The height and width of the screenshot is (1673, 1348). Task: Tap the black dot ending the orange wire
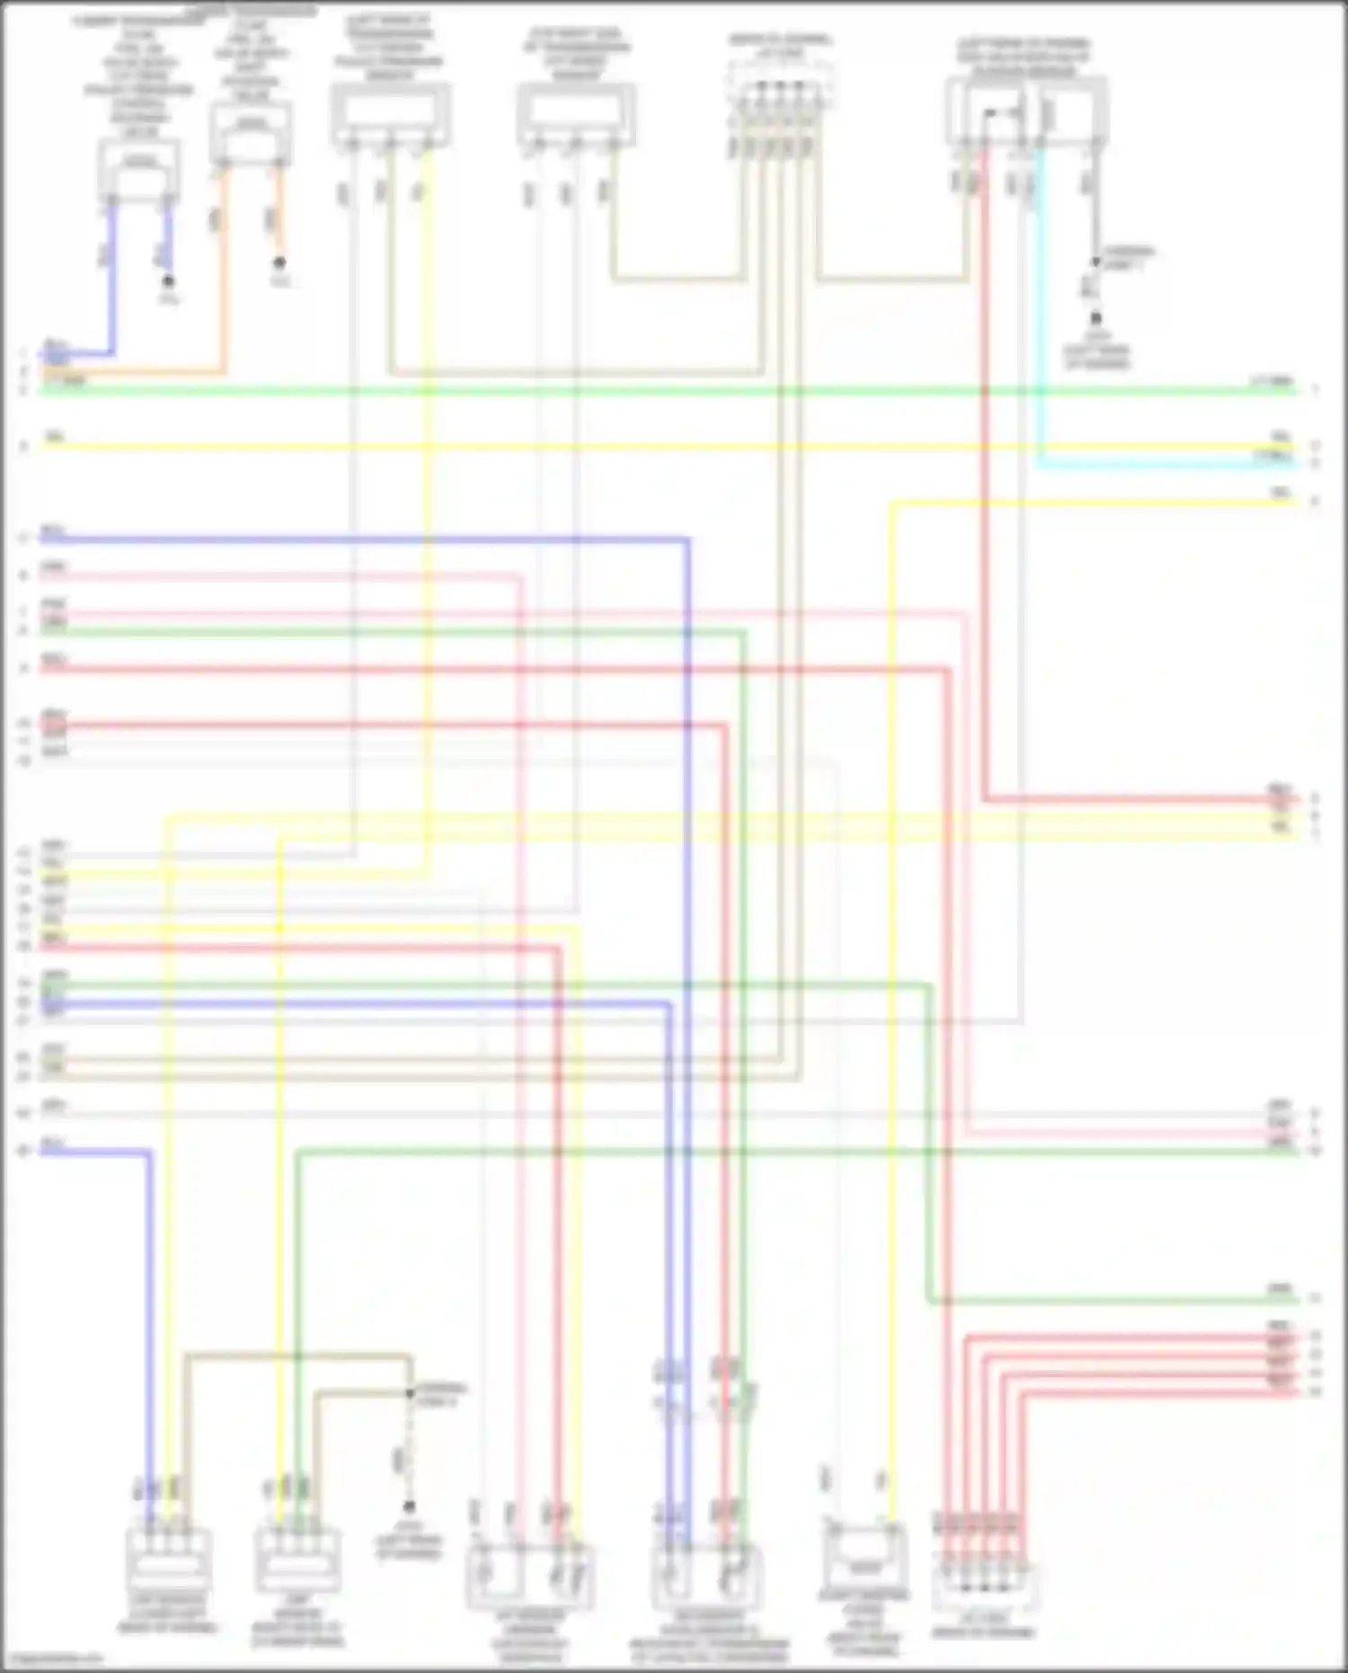point(279,263)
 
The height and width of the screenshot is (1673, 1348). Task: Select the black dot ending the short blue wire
point(168,281)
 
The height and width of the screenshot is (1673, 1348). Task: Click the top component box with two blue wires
point(138,171)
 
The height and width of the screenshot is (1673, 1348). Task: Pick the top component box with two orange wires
point(251,133)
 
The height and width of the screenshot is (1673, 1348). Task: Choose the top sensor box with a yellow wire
point(390,114)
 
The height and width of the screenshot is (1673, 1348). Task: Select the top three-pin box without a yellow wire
point(576,115)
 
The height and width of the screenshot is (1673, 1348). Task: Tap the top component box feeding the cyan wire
point(1025,111)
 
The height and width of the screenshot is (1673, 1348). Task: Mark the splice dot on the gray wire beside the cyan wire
point(1095,263)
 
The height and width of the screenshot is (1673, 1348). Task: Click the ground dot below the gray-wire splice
point(1095,318)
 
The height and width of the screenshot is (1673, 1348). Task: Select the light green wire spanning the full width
point(665,390)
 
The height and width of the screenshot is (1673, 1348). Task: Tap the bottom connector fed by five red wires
point(983,1586)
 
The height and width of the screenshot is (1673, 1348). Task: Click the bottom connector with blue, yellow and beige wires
point(168,1559)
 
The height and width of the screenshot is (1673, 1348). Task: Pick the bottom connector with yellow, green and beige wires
point(297,1560)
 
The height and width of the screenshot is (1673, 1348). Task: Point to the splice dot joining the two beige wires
point(410,1393)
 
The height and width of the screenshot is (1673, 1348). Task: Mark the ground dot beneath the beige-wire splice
point(409,1506)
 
